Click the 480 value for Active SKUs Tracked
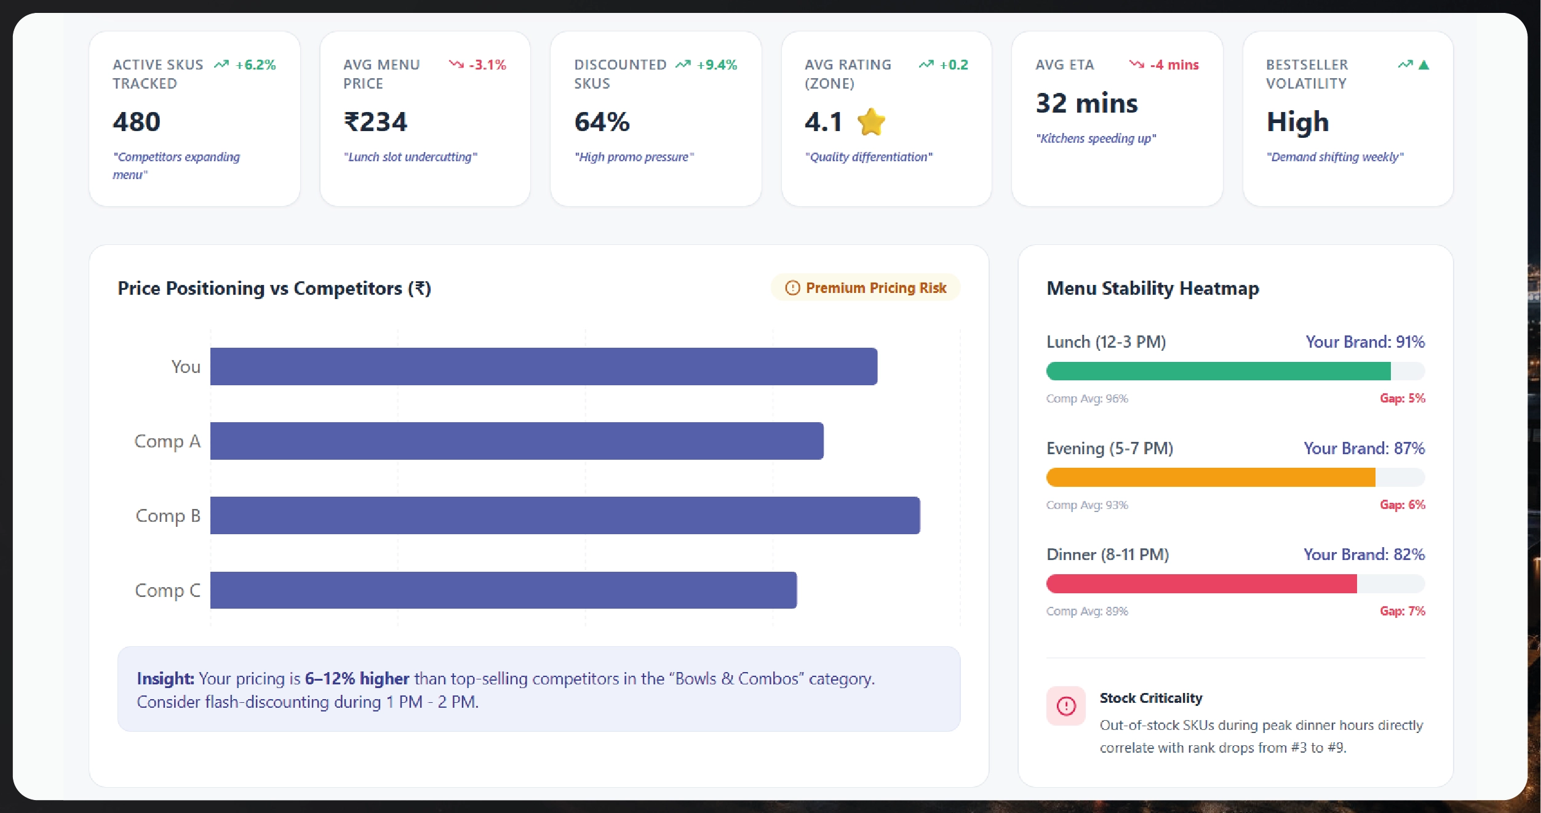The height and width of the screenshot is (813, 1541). [137, 122]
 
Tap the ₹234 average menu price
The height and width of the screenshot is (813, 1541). [375, 122]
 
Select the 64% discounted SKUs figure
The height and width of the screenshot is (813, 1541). [602, 122]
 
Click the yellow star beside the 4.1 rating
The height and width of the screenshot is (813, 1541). [871, 122]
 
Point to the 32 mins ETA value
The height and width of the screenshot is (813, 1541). [1086, 103]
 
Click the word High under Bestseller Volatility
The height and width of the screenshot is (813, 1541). [1297, 122]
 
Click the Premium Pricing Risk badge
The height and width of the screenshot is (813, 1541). [866, 288]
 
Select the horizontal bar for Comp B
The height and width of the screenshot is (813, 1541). [565, 515]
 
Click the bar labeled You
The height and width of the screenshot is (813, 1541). [543, 367]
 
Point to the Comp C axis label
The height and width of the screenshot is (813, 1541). [167, 590]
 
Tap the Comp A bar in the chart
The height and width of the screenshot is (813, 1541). [517, 441]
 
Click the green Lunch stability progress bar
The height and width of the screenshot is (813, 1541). [1218, 371]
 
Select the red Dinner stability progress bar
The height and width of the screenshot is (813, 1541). [1201, 583]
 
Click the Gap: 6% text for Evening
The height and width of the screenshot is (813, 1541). [1402, 505]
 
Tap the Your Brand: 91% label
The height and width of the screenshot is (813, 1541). [1364, 342]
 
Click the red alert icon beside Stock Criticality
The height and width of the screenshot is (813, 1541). [1065, 706]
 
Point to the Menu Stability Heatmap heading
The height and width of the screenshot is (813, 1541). [1152, 288]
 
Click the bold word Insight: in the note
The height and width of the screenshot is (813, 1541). [165, 678]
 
